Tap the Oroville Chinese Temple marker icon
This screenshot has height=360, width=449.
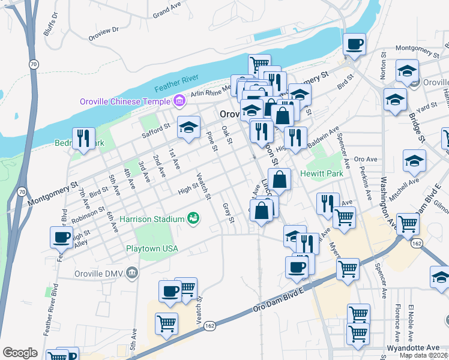[178, 101]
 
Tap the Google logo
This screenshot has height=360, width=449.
[20, 353]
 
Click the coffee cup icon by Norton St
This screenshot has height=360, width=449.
[354, 44]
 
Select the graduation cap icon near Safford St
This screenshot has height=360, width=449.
[188, 127]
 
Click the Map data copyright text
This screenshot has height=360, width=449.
[424, 355]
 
